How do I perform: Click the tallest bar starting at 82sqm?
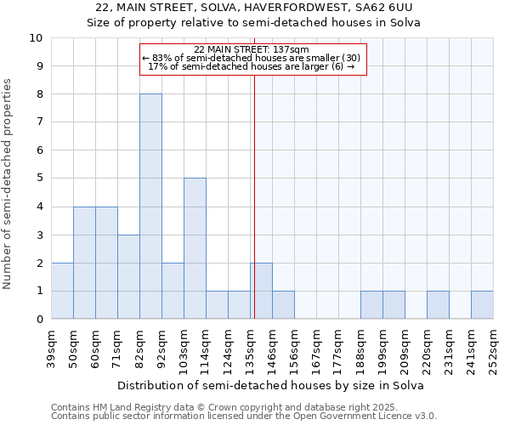pyautogui.click(x=150, y=207)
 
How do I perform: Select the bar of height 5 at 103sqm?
pyautogui.click(x=195, y=248)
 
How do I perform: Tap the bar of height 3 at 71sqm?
pyautogui.click(x=128, y=276)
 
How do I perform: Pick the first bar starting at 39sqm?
pyautogui.click(x=62, y=291)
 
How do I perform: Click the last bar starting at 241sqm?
pyautogui.click(x=482, y=305)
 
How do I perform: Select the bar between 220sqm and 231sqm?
pyautogui.click(x=438, y=305)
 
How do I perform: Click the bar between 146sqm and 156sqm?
pyautogui.click(x=283, y=305)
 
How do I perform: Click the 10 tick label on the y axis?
pyautogui.click(x=36, y=38)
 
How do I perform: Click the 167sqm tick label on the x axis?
pyautogui.click(x=316, y=349)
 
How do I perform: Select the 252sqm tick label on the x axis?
pyautogui.click(x=493, y=349)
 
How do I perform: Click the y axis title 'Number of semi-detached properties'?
pyautogui.click(x=8, y=184)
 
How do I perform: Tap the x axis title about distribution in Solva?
pyautogui.click(x=270, y=385)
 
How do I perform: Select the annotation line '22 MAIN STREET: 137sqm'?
pyautogui.click(x=252, y=49)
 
